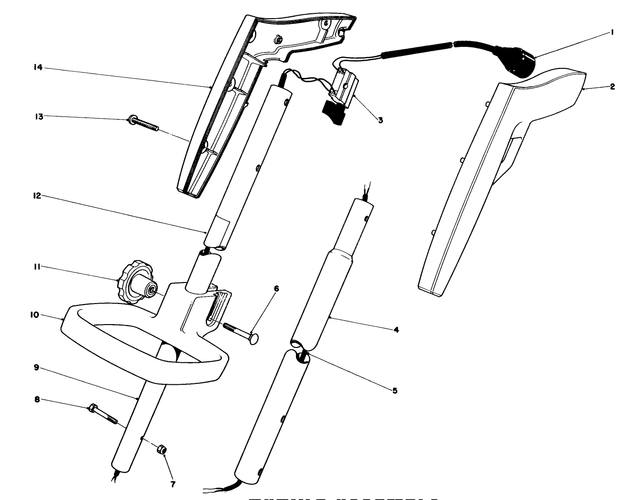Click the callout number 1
coord(612,32)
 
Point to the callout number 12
coord(37,196)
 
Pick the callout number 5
coord(394,391)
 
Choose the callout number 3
coord(380,120)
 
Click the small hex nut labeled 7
coord(162,449)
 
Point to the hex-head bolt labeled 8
coord(103,414)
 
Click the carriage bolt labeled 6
coord(241,331)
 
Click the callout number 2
coord(612,87)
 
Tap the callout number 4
coord(396,329)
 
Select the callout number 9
coord(36,368)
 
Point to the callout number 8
coord(36,398)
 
